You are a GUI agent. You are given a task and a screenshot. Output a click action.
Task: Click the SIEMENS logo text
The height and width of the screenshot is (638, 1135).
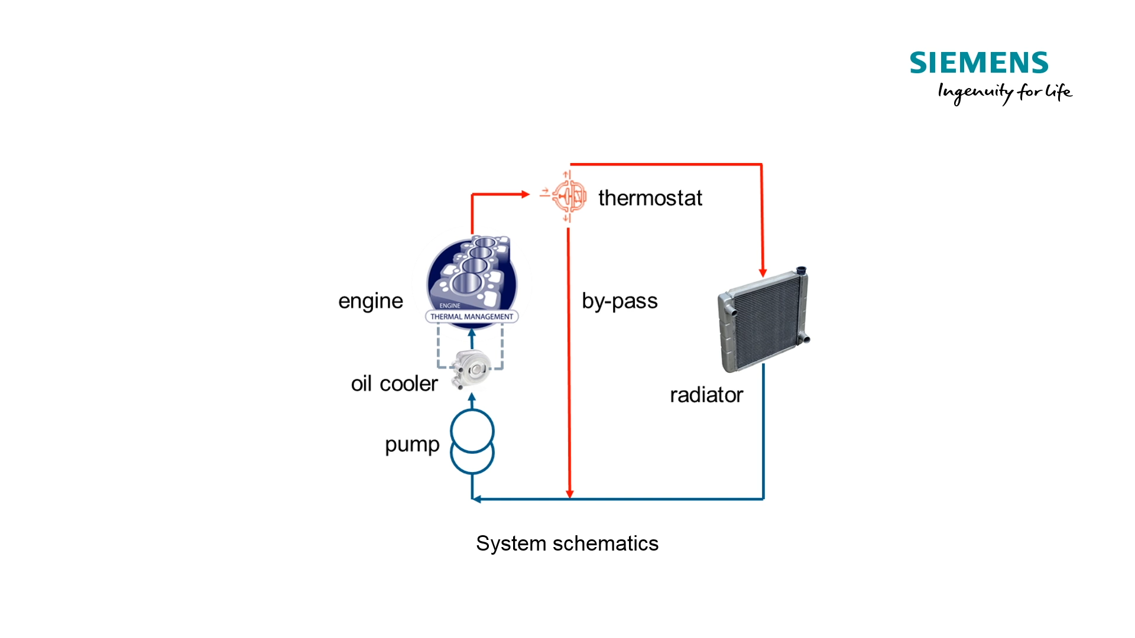[x=978, y=63]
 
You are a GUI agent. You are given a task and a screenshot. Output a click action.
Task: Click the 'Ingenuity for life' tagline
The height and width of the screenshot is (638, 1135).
[x=1004, y=92]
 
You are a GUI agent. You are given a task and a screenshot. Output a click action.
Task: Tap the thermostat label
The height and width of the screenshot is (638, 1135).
[x=650, y=198]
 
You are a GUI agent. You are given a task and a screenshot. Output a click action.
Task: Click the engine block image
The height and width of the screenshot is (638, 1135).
[x=472, y=272]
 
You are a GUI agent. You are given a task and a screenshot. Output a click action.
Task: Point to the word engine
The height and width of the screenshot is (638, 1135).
[x=370, y=301]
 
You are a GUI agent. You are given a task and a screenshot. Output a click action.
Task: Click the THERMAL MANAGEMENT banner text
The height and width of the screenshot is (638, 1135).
[x=472, y=317]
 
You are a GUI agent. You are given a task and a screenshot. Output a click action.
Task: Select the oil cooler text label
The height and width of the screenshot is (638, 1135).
[x=394, y=384]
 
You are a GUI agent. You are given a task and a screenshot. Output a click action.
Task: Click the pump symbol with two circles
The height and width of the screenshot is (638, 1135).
[x=472, y=442]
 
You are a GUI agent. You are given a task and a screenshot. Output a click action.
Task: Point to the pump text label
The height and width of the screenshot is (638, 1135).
[x=412, y=444]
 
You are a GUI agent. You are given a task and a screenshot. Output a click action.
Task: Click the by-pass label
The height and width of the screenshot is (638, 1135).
[x=619, y=301]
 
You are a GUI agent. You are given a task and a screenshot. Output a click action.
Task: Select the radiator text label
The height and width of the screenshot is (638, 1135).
[x=706, y=395]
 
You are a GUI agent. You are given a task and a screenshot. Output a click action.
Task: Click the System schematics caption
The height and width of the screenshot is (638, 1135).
[x=567, y=543]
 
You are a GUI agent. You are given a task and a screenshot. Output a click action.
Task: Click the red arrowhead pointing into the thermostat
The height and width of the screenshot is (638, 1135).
[x=525, y=194]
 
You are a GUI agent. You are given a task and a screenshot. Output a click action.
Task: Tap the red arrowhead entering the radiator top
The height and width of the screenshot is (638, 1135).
[x=763, y=272]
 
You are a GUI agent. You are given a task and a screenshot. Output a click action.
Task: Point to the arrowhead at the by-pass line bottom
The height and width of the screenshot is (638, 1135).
[x=569, y=494]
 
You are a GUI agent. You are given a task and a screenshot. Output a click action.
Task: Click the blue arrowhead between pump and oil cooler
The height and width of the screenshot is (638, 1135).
[x=472, y=398]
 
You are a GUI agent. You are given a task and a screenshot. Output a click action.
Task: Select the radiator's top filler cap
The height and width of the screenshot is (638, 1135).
[x=801, y=271]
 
